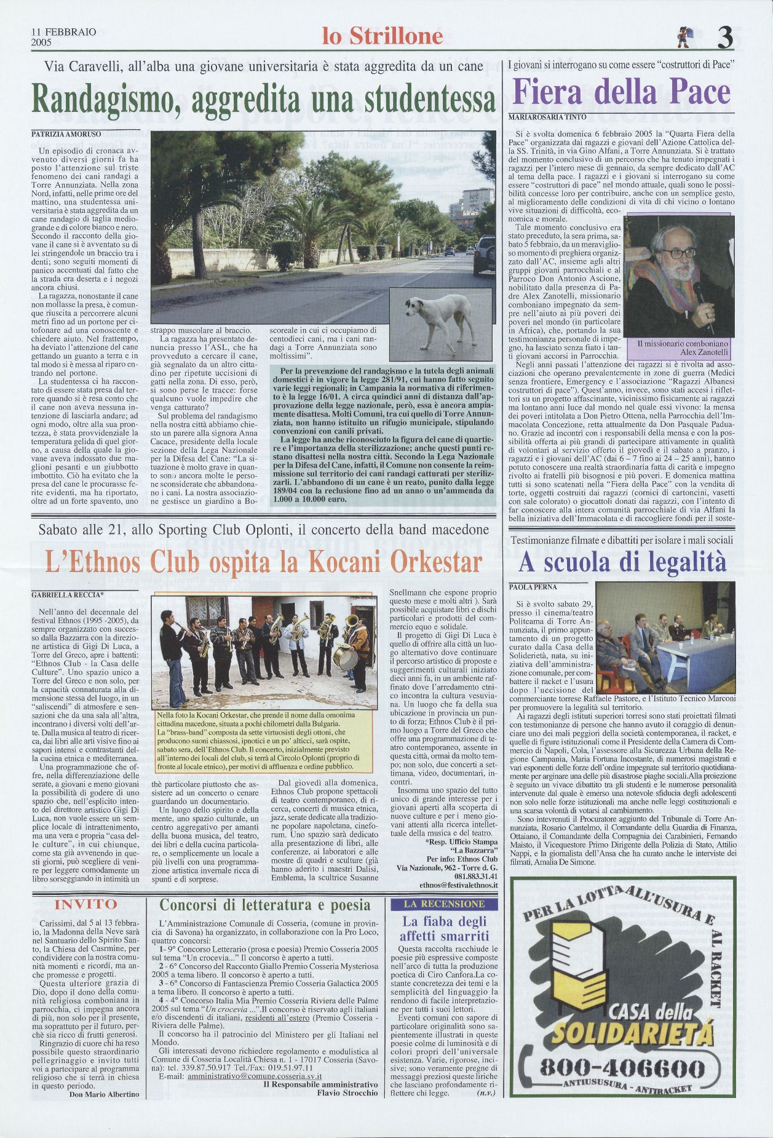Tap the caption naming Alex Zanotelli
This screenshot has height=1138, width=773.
(x=683, y=348)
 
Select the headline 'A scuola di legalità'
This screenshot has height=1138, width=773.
(x=622, y=561)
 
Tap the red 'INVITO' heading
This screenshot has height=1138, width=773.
(x=85, y=904)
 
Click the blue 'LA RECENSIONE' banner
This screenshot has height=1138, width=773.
(x=444, y=904)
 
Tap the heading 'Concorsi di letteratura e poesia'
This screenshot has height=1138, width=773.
(x=264, y=904)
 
